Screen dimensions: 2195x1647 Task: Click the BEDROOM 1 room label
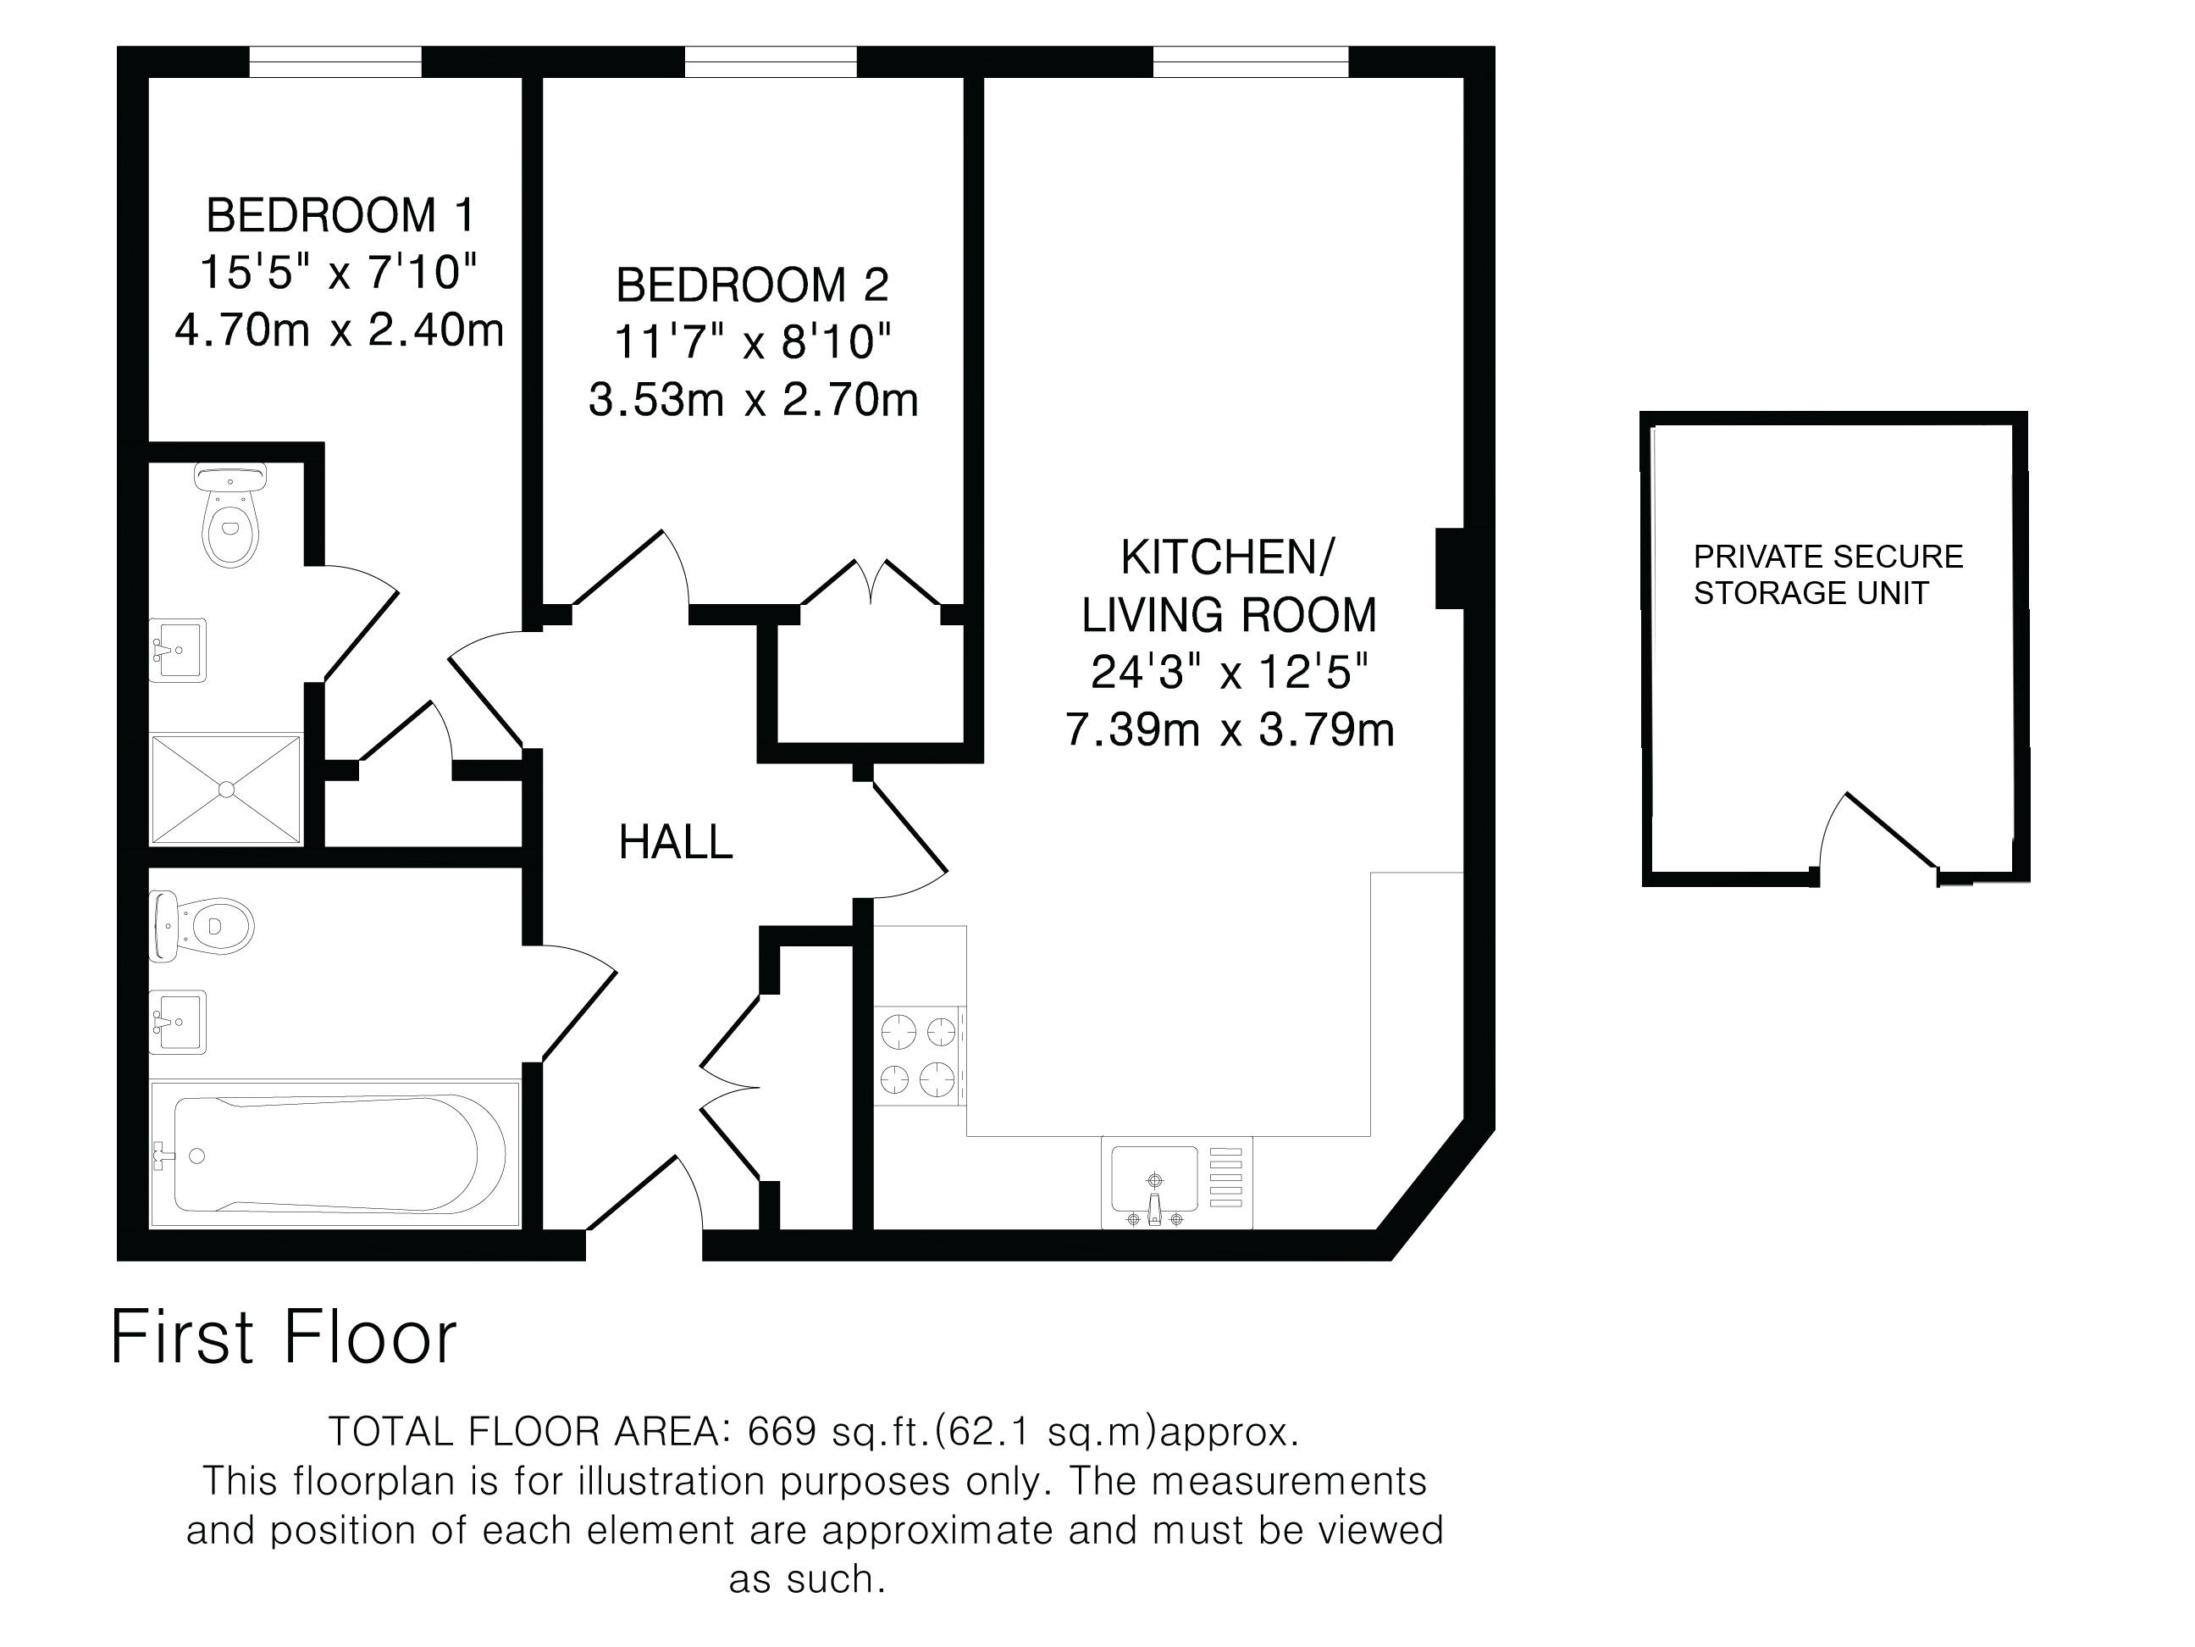[340, 215]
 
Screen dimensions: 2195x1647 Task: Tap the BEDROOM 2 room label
[752, 286]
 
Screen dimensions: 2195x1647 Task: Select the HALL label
[676, 843]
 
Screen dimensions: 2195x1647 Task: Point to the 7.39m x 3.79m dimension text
[1230, 729]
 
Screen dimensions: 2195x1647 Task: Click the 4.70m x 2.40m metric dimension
[340, 330]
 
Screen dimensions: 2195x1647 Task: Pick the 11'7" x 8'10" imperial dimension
[752, 342]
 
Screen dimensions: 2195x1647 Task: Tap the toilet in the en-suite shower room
[231, 516]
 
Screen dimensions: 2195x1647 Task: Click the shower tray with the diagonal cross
[225, 790]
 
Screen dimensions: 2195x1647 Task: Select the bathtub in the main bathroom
[335, 1155]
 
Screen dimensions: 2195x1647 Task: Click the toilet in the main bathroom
[202, 926]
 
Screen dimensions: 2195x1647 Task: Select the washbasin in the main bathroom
[178, 1022]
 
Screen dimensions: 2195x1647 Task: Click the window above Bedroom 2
[770, 62]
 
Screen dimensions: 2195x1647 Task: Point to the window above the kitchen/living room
[1250, 62]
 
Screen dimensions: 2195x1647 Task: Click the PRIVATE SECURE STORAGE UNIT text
[1827, 574]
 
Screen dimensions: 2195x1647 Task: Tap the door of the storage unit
[1877, 831]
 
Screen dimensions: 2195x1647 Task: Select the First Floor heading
[284, 1337]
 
